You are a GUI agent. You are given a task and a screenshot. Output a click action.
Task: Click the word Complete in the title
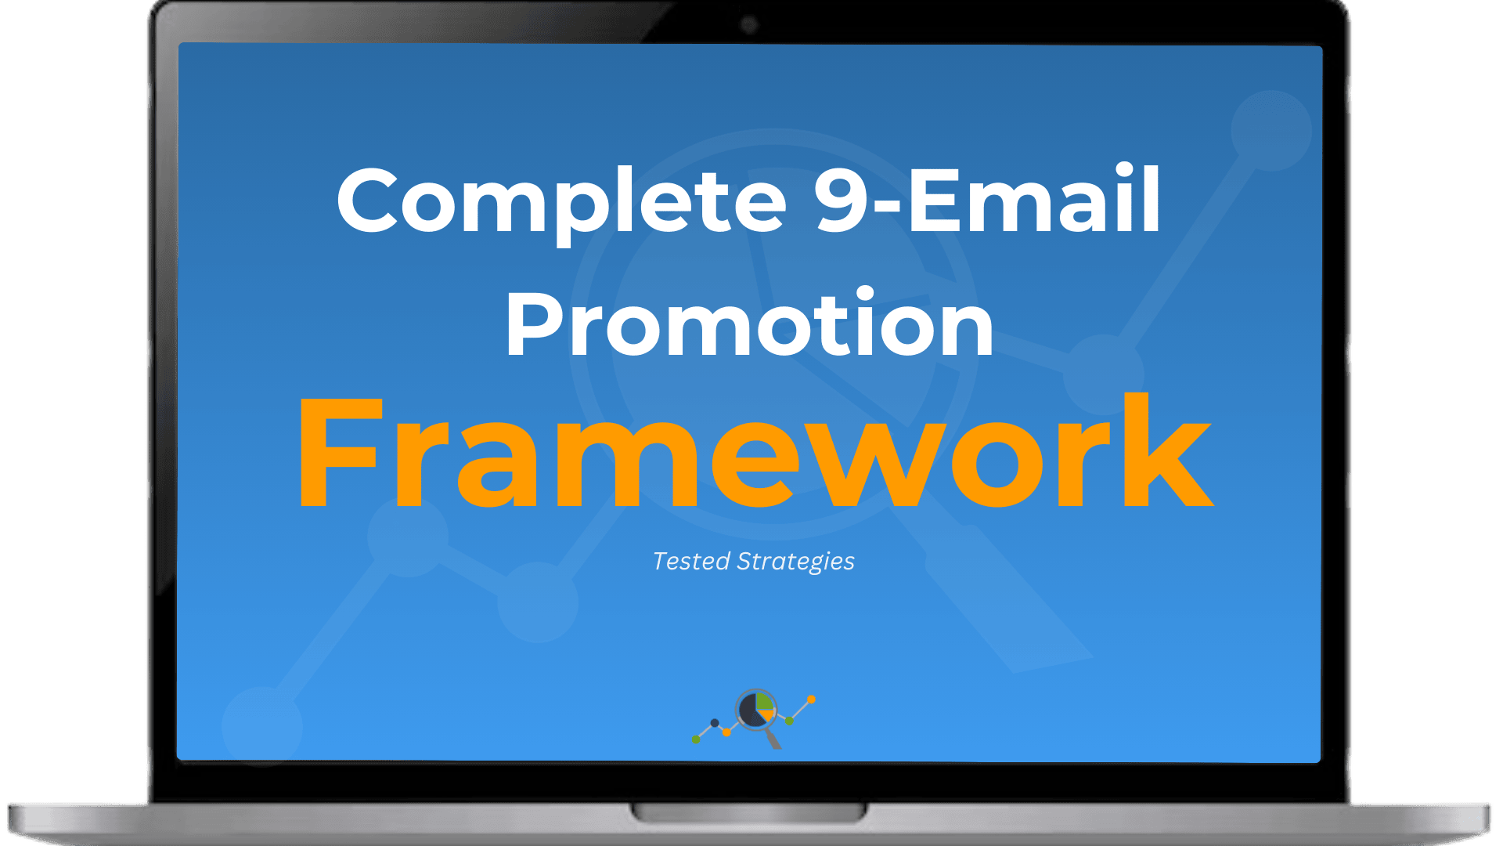coord(561,202)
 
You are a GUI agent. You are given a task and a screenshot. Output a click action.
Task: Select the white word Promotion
coord(750,323)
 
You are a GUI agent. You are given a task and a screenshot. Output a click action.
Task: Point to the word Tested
coord(691,561)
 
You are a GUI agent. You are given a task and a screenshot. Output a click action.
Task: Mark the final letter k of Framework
coord(1168,449)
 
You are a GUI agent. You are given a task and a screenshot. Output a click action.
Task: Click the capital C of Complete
coord(374,200)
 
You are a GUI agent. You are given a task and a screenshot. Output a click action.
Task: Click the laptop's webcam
coord(749,25)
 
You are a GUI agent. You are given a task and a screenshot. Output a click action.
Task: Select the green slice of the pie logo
coord(764,702)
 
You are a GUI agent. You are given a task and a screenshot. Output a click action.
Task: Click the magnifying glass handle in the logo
coord(773,739)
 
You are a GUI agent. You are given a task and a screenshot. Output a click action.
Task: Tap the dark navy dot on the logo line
coord(715,723)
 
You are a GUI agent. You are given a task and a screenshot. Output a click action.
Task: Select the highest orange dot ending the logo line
coord(811,700)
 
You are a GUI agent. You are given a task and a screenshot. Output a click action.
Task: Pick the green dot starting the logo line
coord(696,739)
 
